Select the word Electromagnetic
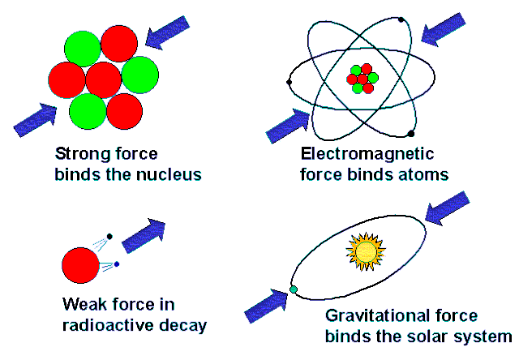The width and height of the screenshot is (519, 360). pyautogui.click(x=367, y=155)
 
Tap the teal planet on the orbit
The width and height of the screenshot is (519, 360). pyautogui.click(x=294, y=289)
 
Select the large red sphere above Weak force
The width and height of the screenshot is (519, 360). pyautogui.click(x=80, y=265)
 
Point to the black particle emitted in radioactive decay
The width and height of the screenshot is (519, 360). pyautogui.click(x=109, y=236)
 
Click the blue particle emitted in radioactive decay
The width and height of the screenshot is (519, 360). pyautogui.click(x=117, y=264)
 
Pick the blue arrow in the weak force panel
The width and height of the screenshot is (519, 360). pyautogui.click(x=144, y=236)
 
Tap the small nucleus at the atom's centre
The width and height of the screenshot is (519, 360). pyautogui.click(x=362, y=79)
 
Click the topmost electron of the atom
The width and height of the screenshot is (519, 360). pyautogui.click(x=401, y=19)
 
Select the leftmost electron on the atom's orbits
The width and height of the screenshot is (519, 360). pyautogui.click(x=289, y=82)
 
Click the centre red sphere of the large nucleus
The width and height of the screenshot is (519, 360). pyautogui.click(x=103, y=80)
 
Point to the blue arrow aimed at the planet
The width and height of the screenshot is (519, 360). pyautogui.click(x=266, y=306)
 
